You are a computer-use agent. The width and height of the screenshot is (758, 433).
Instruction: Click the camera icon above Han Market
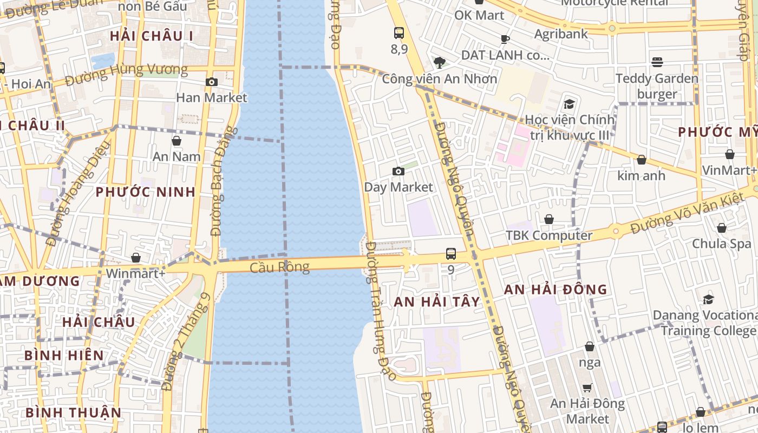212,82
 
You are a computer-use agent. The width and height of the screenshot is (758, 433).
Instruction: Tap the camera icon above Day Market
398,172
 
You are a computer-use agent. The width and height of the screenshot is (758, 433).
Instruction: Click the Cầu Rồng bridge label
279,267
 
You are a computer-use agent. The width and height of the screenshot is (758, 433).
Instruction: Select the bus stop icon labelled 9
451,253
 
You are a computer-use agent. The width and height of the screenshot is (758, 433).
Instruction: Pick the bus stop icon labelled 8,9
399,33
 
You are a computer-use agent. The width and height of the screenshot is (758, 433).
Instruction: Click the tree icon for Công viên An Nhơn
440,62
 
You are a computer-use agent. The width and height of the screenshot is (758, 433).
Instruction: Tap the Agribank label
560,34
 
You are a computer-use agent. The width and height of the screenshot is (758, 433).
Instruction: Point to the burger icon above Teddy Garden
657,62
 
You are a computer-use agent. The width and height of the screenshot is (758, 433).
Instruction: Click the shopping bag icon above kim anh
642,160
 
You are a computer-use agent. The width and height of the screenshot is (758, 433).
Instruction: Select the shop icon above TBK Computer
549,219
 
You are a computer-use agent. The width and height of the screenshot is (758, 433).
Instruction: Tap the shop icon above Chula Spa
722,228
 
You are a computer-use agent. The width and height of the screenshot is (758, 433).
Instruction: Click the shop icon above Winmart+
136,258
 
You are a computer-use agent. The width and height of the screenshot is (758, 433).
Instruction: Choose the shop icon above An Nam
177,141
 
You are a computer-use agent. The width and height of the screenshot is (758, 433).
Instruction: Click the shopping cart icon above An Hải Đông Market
587,388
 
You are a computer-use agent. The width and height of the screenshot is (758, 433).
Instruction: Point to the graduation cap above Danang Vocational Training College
708,299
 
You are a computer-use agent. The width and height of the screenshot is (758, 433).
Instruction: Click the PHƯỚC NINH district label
146,192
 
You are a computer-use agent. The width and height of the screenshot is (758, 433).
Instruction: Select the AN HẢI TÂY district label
437,302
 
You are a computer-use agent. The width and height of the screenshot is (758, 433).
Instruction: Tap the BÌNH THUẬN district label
74,412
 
